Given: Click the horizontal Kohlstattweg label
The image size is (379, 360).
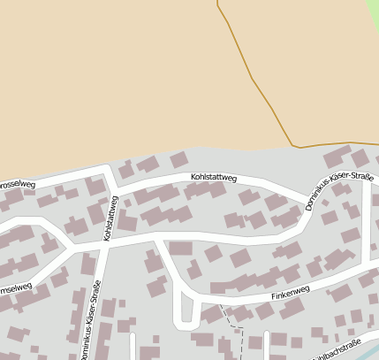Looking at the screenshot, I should pyautogui.click(x=213, y=179).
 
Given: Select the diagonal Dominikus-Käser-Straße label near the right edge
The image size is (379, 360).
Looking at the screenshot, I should pyautogui.click(x=339, y=191).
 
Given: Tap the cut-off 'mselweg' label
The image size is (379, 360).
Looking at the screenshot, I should pyautogui.click(x=15, y=287).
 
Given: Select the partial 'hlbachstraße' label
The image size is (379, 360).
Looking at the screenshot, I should pyautogui.click(x=336, y=349).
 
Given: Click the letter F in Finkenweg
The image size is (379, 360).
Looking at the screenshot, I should pyautogui.click(x=274, y=296).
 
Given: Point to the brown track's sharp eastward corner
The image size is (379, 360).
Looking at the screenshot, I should pyautogui.click(x=292, y=145).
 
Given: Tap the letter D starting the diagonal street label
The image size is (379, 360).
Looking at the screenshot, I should pyautogui.click(x=309, y=207).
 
